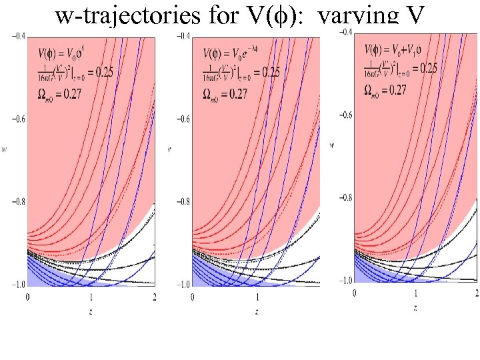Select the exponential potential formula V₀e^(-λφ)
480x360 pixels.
[227, 51]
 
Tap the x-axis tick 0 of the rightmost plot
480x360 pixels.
[354, 293]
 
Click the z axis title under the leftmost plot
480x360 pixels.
[91, 310]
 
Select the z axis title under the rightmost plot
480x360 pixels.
[415, 307]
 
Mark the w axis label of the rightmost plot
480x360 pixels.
[333, 144]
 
